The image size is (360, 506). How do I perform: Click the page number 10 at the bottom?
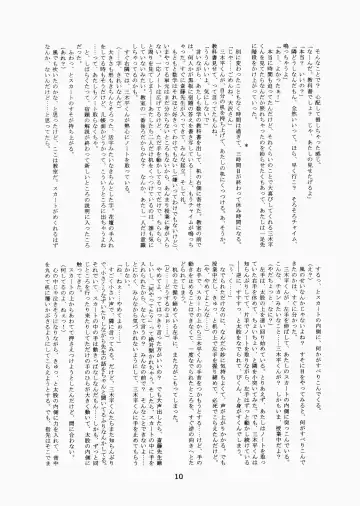tap(179, 479)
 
